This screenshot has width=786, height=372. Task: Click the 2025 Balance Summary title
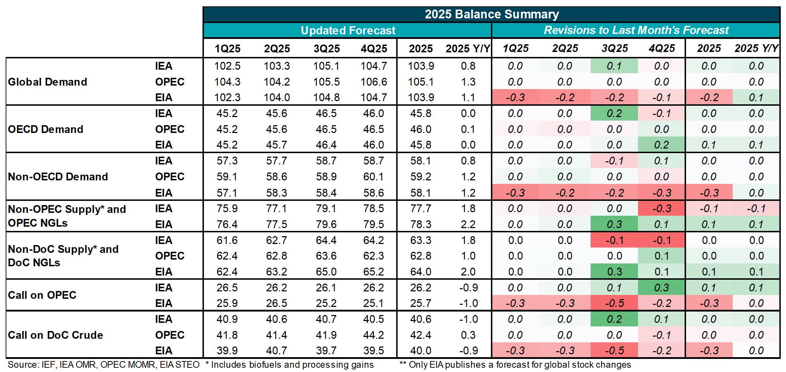pyautogui.click(x=492, y=14)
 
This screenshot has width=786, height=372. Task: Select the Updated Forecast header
pyautogui.click(x=348, y=30)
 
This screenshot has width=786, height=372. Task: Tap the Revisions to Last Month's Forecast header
pyautogui.click(x=636, y=30)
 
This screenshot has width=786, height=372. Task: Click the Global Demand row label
pyautogui.click(x=47, y=82)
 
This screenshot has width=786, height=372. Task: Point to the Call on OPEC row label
pyautogui.click(x=42, y=295)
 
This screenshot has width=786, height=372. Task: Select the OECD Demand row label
pyautogui.click(x=46, y=129)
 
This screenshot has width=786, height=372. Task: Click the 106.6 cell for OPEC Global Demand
pyautogui.click(x=374, y=82)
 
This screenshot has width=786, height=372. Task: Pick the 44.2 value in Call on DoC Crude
pyautogui.click(x=374, y=335)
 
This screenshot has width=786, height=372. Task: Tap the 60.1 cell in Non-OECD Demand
pyautogui.click(x=374, y=176)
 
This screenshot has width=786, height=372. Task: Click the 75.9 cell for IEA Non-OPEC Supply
pyautogui.click(x=227, y=208)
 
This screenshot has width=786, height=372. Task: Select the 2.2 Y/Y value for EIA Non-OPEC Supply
pyautogui.click(x=468, y=224)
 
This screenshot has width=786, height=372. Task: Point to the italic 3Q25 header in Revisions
pyautogui.click(x=615, y=48)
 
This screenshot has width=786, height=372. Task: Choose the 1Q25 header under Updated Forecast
pyautogui.click(x=227, y=48)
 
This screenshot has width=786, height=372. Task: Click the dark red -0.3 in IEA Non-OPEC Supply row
pyautogui.click(x=662, y=208)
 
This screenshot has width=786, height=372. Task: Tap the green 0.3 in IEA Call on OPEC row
pyautogui.click(x=662, y=287)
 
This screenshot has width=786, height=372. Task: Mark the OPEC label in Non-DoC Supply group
pyautogui.click(x=170, y=256)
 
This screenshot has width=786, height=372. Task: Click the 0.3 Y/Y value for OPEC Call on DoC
pyautogui.click(x=468, y=335)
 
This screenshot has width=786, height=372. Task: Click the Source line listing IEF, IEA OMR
pyautogui.click(x=103, y=365)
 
